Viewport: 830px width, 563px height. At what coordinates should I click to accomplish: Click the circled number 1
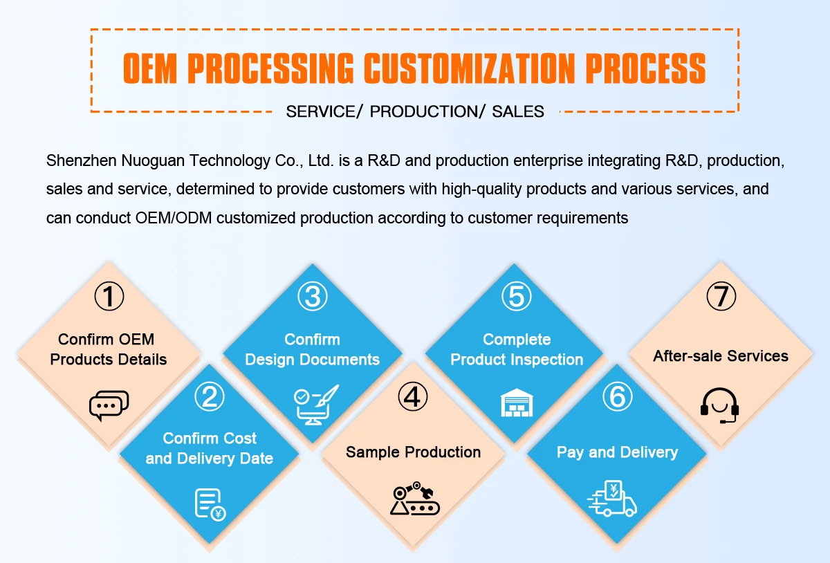point(109,296)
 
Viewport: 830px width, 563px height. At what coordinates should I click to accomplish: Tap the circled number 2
point(210,396)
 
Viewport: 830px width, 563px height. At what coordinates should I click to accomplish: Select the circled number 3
point(313,296)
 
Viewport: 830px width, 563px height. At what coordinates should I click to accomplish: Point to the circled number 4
point(413,396)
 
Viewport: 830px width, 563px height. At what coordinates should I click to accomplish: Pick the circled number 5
point(516,296)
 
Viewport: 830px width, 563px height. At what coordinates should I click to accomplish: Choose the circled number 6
point(617,396)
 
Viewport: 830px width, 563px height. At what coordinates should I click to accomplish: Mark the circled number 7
point(721,296)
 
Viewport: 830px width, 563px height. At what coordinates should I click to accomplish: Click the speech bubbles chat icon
point(109,405)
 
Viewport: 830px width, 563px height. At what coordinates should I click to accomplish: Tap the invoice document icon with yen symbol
point(210,504)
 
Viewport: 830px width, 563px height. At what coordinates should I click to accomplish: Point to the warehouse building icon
point(517,403)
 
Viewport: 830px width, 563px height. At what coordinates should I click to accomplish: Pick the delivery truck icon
point(612,500)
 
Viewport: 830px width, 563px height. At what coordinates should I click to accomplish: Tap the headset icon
point(720,405)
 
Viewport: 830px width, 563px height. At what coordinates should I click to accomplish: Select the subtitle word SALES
point(518,111)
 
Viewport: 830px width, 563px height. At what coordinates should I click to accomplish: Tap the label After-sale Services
point(721,356)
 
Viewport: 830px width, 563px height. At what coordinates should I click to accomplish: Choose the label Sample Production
point(413,452)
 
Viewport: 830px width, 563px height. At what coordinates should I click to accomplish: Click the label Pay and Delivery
point(617,452)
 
